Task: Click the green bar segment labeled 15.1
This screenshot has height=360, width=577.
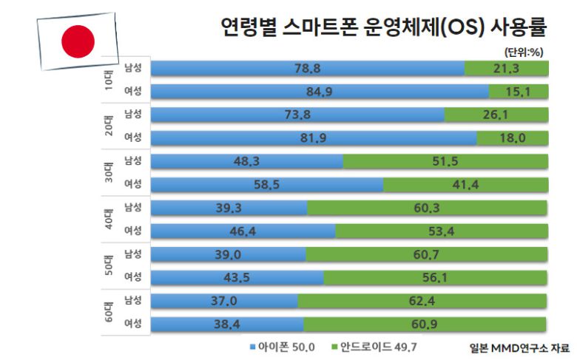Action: point(519,92)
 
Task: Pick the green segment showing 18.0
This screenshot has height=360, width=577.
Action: point(513,138)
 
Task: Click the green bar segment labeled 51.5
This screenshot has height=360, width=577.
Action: point(445,162)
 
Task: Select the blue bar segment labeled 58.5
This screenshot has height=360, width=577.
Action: point(268,185)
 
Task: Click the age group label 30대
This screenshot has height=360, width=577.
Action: point(109,173)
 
